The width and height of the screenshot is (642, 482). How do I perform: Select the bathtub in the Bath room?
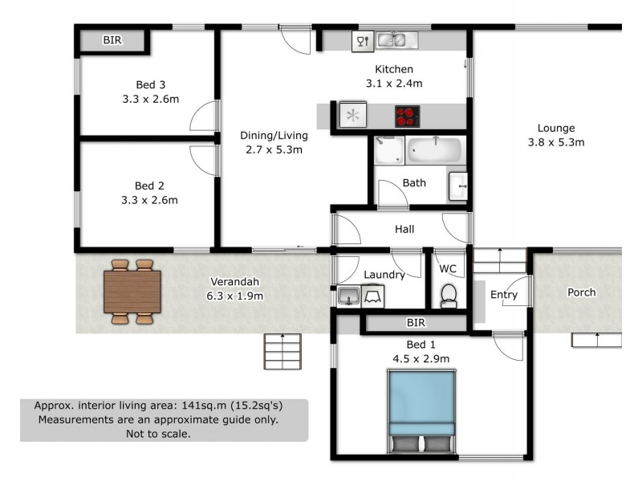tap(435, 149)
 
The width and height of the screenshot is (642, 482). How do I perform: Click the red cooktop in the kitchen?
tap(408, 116)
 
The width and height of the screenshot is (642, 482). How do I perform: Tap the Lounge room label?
tap(556, 128)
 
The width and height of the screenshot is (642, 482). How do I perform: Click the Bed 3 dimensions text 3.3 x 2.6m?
tap(144, 100)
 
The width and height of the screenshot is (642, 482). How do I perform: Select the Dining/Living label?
tap(272, 135)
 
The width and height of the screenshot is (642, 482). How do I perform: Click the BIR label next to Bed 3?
tap(112, 39)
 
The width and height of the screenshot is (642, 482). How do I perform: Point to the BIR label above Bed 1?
tap(416, 323)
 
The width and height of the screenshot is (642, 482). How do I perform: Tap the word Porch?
tap(582, 292)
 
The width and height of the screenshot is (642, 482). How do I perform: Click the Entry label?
tap(504, 295)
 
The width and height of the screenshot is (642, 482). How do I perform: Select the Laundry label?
tap(384, 275)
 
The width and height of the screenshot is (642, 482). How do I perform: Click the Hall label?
tap(404, 230)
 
